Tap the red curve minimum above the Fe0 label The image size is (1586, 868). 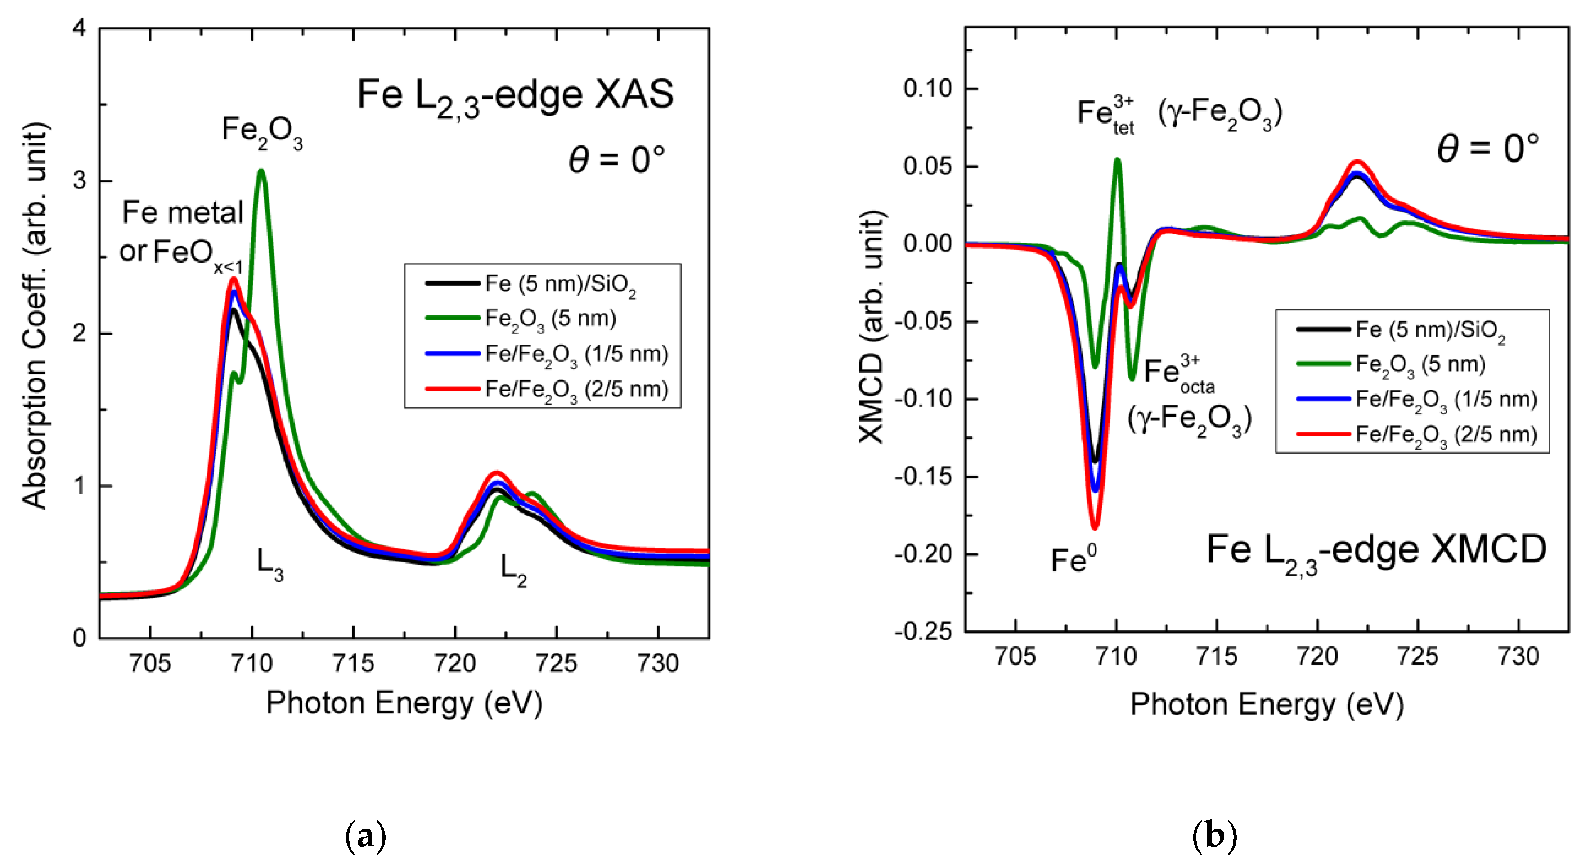(1095, 526)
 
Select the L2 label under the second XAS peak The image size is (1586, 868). (513, 569)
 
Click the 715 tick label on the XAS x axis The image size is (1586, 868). (353, 664)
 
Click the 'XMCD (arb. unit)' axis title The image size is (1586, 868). (872, 326)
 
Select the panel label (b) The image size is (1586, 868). (1214, 836)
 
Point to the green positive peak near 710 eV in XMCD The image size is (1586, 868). (1117, 161)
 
